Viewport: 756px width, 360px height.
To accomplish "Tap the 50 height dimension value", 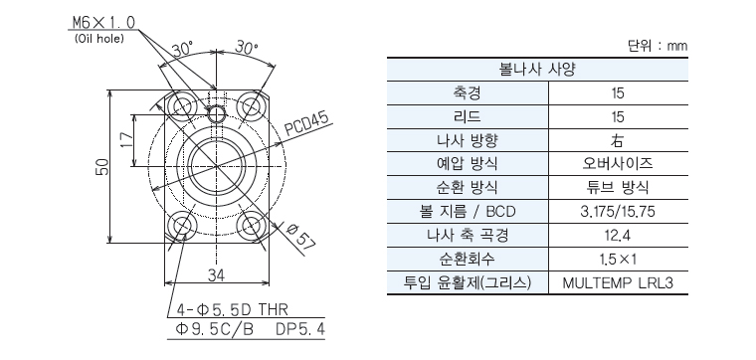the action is pos(102,167).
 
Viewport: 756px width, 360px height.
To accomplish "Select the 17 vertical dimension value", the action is pos(126,140).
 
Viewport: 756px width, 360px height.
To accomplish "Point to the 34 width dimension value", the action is pos(217,275).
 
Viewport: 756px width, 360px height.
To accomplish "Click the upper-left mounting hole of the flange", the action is pos(183,106).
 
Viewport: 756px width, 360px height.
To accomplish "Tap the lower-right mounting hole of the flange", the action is pos(251,225).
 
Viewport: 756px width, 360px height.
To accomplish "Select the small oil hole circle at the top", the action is pos(216,114).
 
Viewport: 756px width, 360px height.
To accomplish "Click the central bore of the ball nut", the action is pos(217,166).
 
